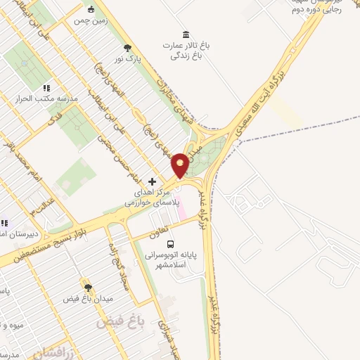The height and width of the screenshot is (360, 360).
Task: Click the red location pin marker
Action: (x=180, y=165)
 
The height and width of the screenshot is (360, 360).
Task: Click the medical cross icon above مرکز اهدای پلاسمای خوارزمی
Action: (x=152, y=181)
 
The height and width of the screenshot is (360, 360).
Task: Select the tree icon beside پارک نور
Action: (x=127, y=48)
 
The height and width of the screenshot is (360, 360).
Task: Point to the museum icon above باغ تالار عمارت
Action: (x=185, y=35)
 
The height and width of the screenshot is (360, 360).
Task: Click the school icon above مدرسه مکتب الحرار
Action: (x=46, y=88)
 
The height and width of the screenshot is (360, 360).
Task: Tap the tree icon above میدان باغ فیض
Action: (x=88, y=288)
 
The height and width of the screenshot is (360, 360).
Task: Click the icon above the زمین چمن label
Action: (x=91, y=9)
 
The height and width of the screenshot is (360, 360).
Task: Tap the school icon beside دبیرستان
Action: (x=4, y=223)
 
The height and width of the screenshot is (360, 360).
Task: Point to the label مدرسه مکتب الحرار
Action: (x=46, y=99)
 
